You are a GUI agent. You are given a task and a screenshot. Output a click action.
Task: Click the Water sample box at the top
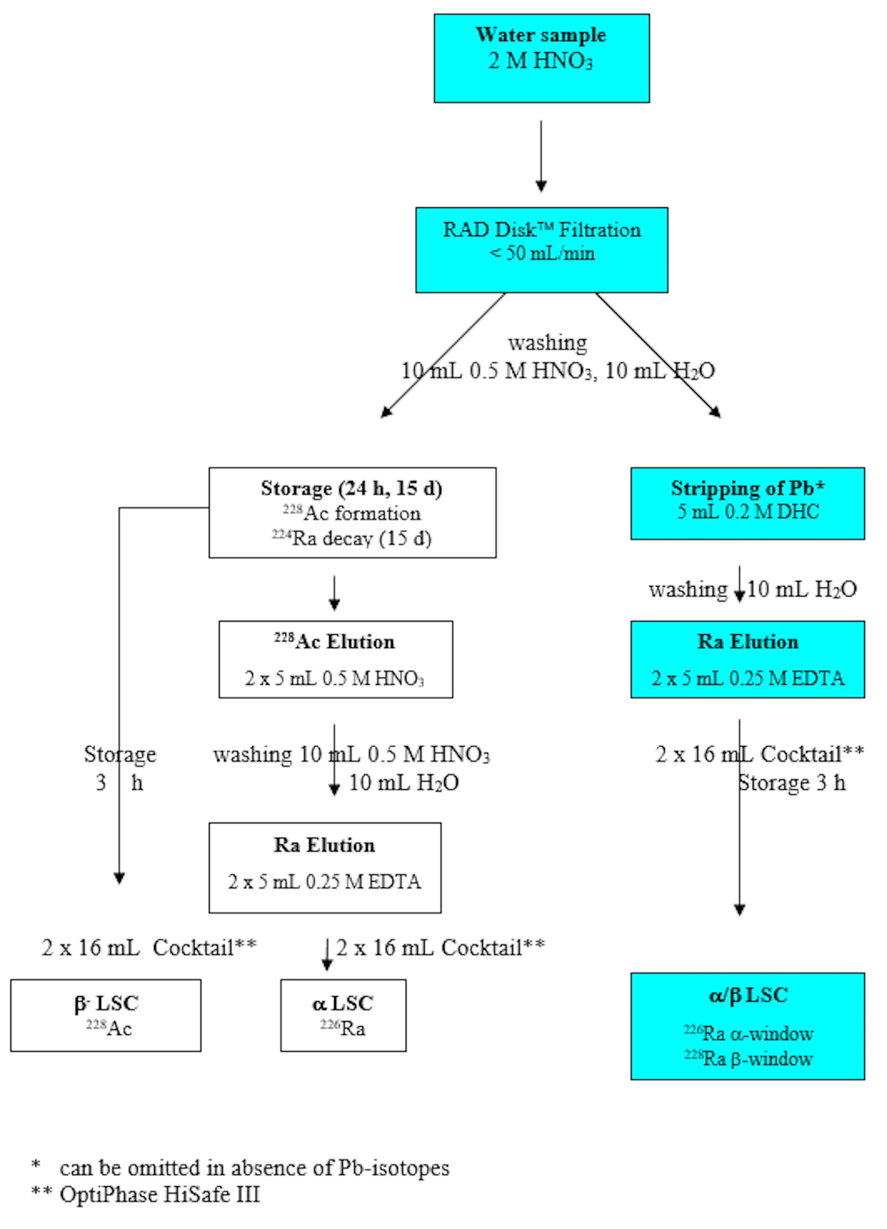click(541, 58)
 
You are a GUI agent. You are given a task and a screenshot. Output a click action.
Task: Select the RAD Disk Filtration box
click(541, 249)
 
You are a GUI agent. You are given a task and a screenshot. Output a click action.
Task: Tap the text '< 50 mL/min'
click(542, 253)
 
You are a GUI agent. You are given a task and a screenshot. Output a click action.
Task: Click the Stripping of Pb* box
click(747, 503)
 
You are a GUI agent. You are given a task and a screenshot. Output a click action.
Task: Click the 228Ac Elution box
click(335, 659)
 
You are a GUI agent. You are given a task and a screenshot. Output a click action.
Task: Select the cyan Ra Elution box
click(747, 659)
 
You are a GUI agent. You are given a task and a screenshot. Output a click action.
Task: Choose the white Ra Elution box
click(325, 867)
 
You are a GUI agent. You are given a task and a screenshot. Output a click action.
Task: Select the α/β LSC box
click(747, 1026)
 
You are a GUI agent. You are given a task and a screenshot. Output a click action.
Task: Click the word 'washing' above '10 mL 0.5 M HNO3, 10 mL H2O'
click(547, 343)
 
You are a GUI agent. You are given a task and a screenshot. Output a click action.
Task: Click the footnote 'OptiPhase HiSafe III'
click(160, 1194)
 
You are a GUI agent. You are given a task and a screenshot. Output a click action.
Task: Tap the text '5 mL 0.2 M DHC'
click(747, 511)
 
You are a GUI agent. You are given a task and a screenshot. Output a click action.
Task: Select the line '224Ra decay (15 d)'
click(351, 538)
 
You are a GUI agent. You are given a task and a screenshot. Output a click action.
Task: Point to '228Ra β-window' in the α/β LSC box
click(748, 1058)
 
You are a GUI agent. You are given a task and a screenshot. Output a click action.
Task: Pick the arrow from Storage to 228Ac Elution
click(334, 593)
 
